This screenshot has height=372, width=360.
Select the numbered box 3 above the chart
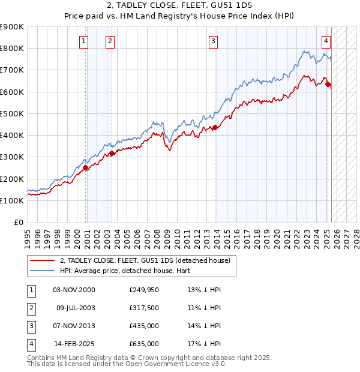tap(213, 41)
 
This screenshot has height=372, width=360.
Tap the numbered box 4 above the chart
tap(325, 41)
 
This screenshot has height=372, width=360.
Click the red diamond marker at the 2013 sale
tap(215, 127)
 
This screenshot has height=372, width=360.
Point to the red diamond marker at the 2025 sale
tap(328, 84)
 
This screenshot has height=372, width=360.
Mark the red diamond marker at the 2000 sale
tap(86, 168)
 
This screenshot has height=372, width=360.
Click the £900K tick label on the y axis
tap(11, 27)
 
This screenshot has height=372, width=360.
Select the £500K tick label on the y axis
tap(11, 113)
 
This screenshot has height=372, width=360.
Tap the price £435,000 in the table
tap(143, 327)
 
